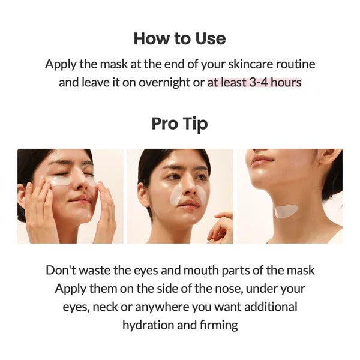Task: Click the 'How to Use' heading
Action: pos(179,38)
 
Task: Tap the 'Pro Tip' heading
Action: pos(179,124)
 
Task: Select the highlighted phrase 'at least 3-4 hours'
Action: pos(254,82)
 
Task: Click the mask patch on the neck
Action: pos(286,211)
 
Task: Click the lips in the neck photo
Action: pos(262,160)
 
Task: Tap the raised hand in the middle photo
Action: pos(223,226)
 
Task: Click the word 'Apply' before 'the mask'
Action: pos(61,64)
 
